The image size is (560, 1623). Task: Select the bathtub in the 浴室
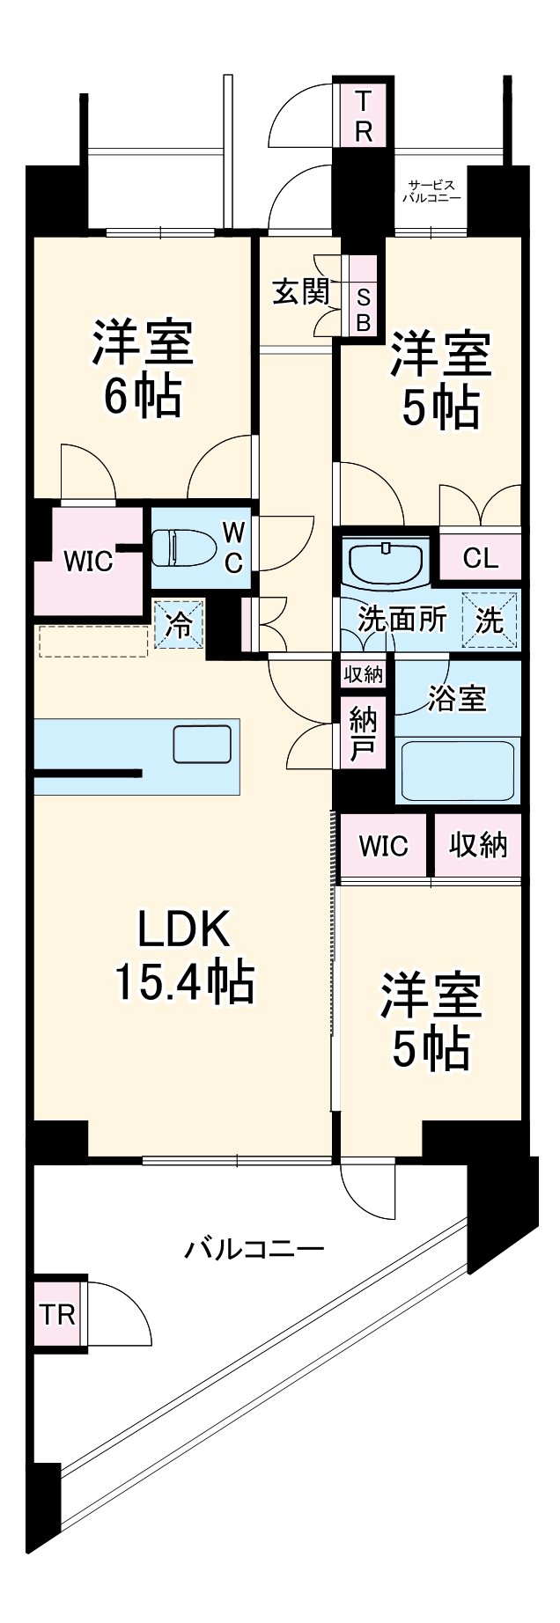click(x=457, y=768)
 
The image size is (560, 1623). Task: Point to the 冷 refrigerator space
click(x=180, y=625)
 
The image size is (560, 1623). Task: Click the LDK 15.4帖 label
click(x=185, y=955)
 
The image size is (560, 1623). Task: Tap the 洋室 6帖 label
click(x=143, y=369)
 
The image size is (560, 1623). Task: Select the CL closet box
click(x=480, y=557)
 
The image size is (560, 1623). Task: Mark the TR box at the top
click(x=364, y=115)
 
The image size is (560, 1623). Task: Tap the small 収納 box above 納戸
click(x=364, y=674)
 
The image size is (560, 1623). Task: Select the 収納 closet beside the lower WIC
click(x=478, y=846)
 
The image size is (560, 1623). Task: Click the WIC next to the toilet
click(x=88, y=561)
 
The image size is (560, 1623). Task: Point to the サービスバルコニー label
click(x=431, y=191)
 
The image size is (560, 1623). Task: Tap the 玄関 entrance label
click(x=300, y=291)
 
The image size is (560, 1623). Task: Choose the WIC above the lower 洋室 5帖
click(x=384, y=846)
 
